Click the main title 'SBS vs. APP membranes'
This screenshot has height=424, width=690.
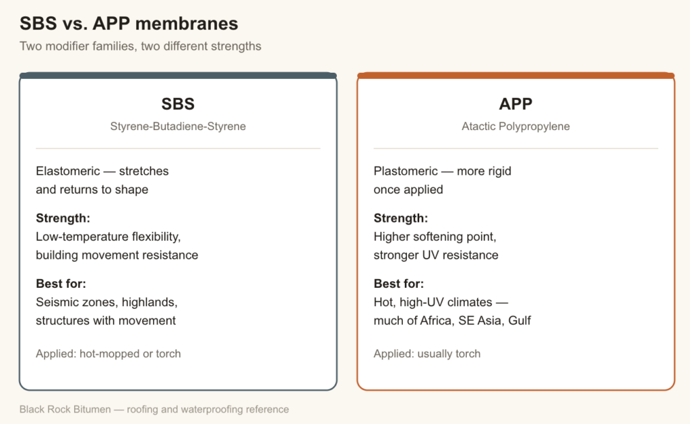[x=129, y=24]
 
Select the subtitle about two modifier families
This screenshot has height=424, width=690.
[x=140, y=47]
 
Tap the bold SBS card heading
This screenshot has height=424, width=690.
[x=178, y=104]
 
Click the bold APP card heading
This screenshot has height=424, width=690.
[x=515, y=104]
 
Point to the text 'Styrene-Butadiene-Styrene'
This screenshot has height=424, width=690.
[x=178, y=126]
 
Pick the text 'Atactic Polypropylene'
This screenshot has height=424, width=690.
[x=515, y=126]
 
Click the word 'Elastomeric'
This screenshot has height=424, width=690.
[x=68, y=171]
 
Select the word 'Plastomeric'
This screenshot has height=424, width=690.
[x=406, y=171]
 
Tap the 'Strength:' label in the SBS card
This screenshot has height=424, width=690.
[x=63, y=218]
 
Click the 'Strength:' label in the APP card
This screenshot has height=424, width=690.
[x=401, y=218]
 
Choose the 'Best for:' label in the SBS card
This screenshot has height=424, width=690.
[x=61, y=284]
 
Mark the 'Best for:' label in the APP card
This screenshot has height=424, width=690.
[x=399, y=284]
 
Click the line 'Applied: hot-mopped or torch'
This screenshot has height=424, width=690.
[x=108, y=353]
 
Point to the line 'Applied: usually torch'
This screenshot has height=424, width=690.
[x=427, y=353]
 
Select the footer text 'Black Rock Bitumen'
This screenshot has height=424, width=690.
[x=65, y=409]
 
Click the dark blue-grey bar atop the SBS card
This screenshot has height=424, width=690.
[x=178, y=75]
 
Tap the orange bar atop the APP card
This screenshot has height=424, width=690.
[x=515, y=75]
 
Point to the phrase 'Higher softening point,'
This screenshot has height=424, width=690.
[x=435, y=237]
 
